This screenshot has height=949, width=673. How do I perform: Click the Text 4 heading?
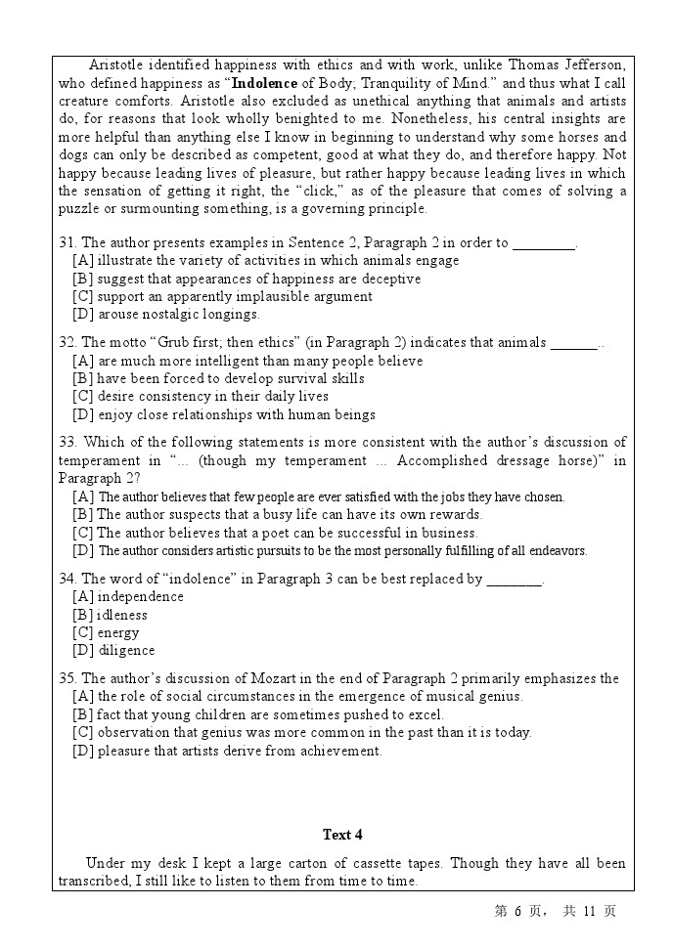click(342, 835)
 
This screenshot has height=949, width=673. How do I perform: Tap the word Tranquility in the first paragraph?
click(408, 83)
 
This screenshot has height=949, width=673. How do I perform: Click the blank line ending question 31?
click(544, 243)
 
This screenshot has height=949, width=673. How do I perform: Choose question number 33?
click(67, 442)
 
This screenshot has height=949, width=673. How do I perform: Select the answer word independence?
click(140, 596)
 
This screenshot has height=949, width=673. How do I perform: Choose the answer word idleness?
click(122, 615)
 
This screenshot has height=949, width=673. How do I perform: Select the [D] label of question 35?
click(83, 751)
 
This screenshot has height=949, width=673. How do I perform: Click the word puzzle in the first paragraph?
click(78, 208)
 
